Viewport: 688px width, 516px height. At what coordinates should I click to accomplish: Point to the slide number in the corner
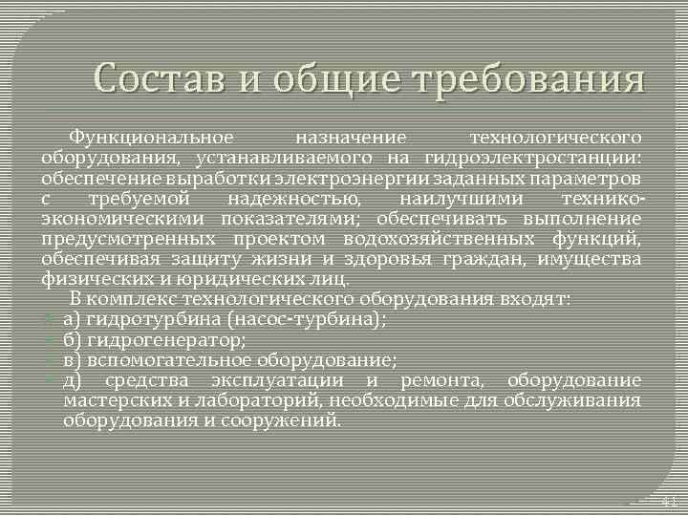[669, 502]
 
